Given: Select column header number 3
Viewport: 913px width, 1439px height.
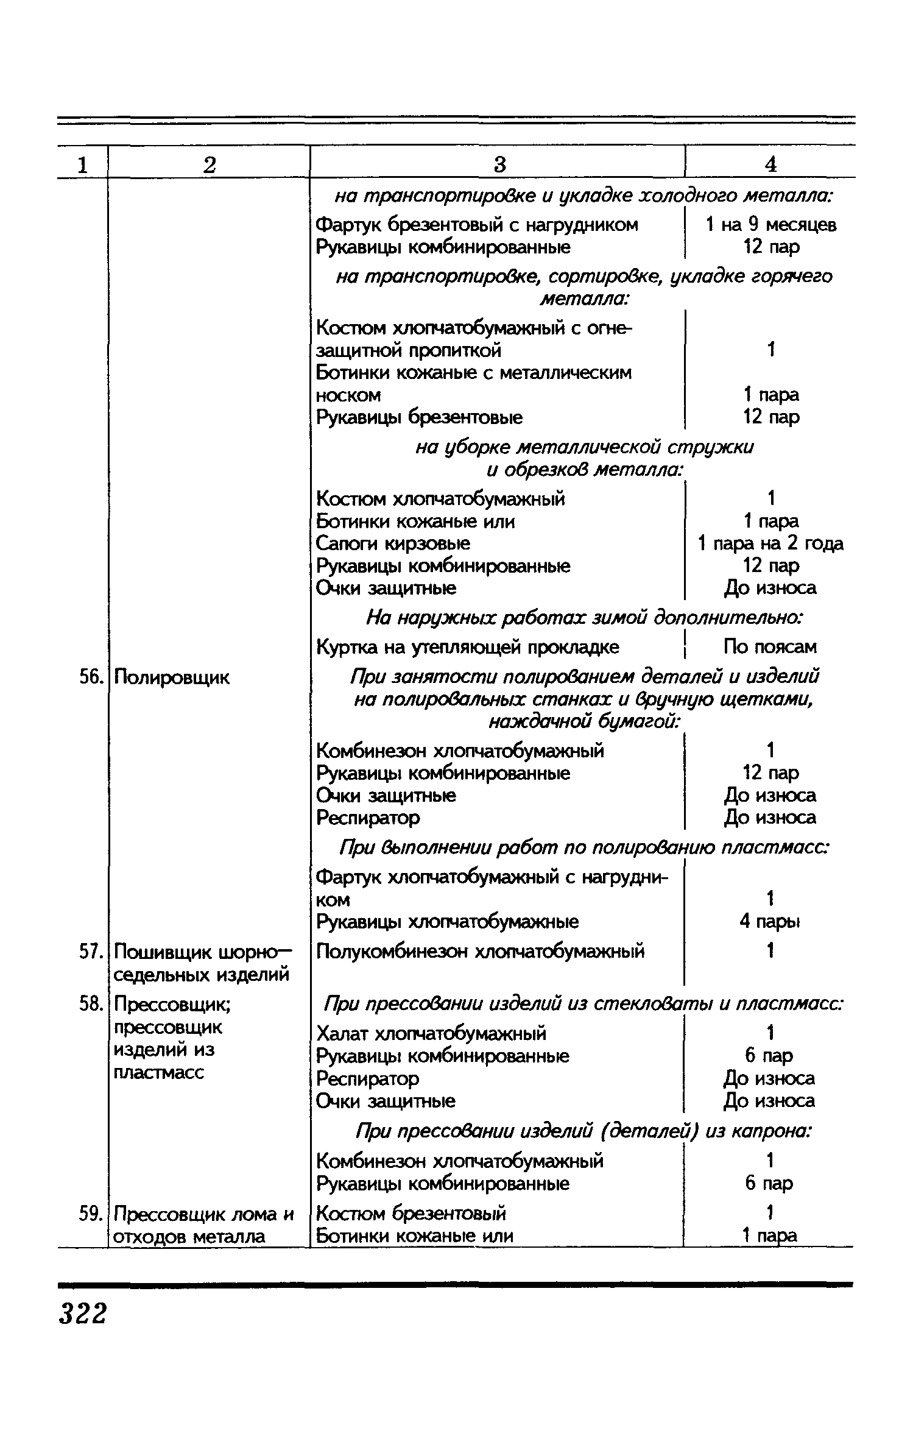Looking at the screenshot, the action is pyautogui.click(x=499, y=164).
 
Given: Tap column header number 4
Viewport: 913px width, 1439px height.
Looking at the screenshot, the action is pyautogui.click(x=770, y=164).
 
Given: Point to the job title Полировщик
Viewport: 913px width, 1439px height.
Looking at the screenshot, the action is pyautogui.click(x=172, y=677).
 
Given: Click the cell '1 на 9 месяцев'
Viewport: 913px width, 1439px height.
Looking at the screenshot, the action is pyautogui.click(x=770, y=225).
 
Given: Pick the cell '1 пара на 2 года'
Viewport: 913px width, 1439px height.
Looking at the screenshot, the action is pyautogui.click(x=770, y=543).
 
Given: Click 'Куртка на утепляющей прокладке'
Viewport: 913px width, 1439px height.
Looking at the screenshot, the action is pyautogui.click(x=468, y=647).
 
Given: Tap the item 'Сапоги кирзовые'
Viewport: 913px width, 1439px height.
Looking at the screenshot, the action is pyautogui.click(x=393, y=543).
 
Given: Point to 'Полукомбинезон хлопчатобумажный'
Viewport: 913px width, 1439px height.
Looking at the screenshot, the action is pyautogui.click(x=481, y=952).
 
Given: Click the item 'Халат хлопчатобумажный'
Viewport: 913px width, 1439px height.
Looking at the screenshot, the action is pyautogui.click(x=432, y=1034).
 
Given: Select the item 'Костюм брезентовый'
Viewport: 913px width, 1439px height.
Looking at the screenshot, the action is pyautogui.click(x=412, y=1214).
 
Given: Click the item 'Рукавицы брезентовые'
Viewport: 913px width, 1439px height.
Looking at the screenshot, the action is pyautogui.click(x=420, y=418).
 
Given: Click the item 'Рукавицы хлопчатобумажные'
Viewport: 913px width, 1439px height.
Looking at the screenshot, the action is pyautogui.click(x=448, y=922).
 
